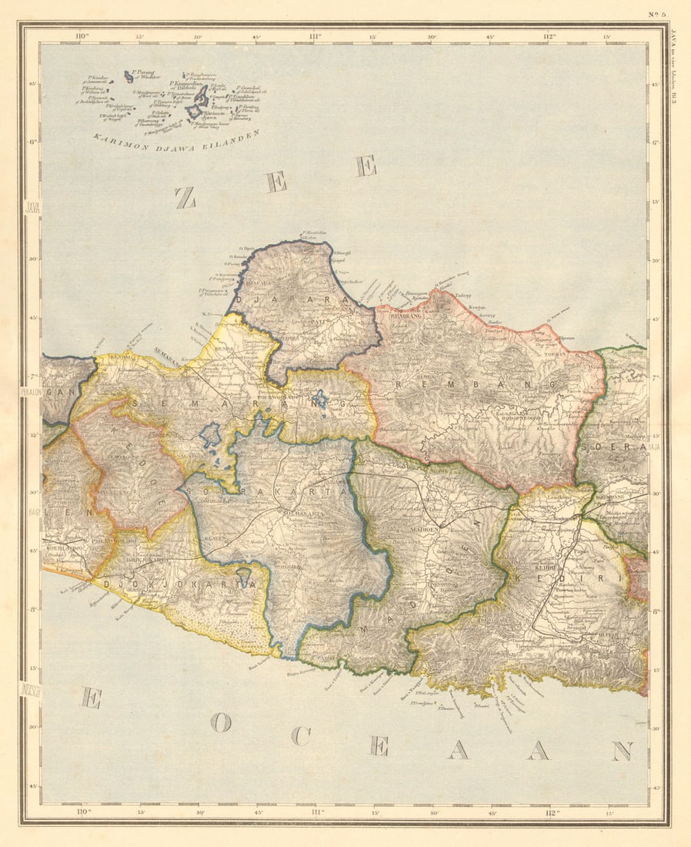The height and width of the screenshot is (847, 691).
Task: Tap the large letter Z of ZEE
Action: point(185,199)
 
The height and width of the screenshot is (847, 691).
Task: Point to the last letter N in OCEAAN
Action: point(622,751)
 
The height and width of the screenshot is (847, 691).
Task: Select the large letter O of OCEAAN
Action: point(221,722)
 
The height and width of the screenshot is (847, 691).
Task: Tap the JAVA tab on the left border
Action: point(32,208)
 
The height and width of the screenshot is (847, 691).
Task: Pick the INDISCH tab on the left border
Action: point(32,688)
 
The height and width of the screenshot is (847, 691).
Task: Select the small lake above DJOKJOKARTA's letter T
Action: point(244,572)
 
